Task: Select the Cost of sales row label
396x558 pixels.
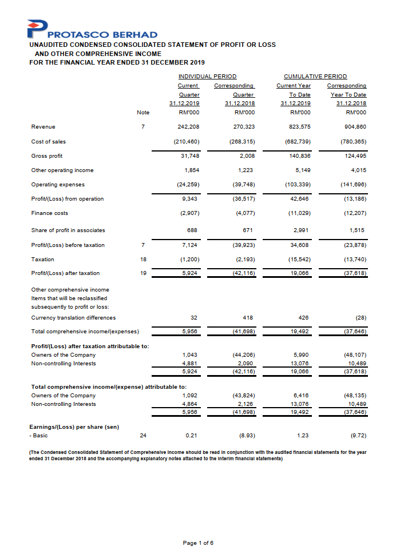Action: (x=48, y=141)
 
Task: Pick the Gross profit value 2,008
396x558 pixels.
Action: (x=244, y=156)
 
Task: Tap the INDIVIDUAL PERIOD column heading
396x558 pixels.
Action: (x=208, y=76)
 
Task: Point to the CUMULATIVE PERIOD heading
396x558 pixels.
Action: (x=315, y=76)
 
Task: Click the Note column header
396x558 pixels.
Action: (x=143, y=113)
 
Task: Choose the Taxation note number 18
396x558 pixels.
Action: (x=143, y=259)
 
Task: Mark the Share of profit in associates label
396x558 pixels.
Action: (x=68, y=230)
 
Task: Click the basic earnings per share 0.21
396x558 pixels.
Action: (x=193, y=436)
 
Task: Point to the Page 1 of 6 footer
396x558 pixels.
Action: (x=198, y=543)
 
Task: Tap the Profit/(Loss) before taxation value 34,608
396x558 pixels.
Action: (x=300, y=245)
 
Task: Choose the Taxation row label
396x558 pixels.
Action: (x=43, y=259)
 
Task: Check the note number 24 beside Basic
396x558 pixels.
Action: (x=143, y=436)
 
